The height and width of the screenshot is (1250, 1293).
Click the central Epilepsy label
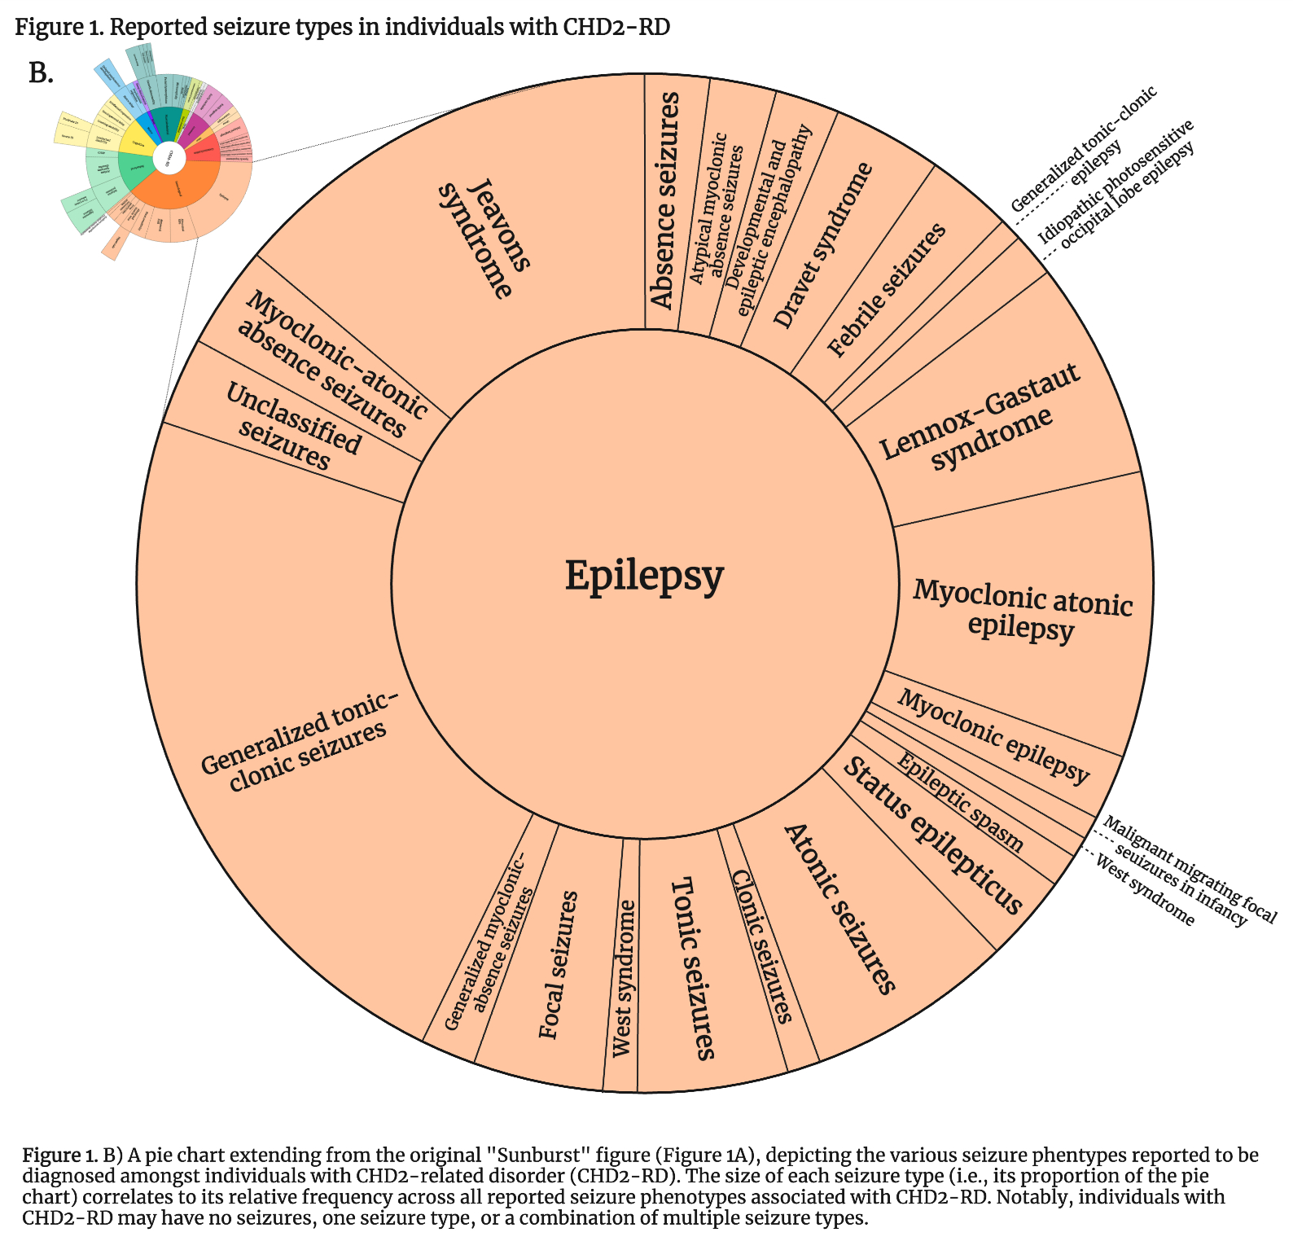coord(644,576)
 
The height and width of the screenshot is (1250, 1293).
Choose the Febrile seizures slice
coord(888,290)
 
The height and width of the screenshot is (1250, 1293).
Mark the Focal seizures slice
coord(559,965)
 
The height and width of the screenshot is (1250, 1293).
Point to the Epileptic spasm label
coord(961,802)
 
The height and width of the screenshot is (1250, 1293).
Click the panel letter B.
coord(41,73)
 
